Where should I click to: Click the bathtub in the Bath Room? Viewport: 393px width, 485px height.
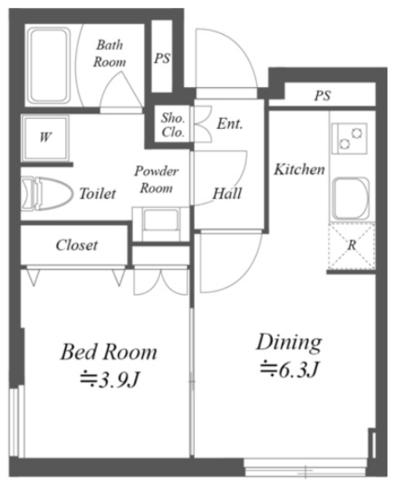[49, 66]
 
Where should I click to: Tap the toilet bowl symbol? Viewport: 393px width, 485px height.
[47, 194]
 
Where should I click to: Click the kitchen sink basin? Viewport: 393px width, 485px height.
[351, 199]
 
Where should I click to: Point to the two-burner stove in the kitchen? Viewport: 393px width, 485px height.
[350, 139]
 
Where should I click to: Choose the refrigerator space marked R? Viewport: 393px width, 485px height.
[352, 246]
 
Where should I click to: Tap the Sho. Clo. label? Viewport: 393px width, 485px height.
[173, 125]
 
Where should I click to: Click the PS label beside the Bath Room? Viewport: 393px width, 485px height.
[162, 58]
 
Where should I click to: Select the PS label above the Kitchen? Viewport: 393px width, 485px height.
[322, 95]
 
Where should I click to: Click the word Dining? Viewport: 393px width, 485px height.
[289, 343]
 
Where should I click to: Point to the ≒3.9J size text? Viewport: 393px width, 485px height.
[110, 380]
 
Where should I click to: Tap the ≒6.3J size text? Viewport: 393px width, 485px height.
[289, 369]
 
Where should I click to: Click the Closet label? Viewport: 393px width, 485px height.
[77, 246]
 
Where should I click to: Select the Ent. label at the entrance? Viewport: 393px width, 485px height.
[230, 124]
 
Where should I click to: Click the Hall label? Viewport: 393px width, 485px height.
[227, 194]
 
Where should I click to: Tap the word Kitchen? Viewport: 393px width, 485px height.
[300, 170]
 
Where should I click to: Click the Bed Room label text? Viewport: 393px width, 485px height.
[108, 352]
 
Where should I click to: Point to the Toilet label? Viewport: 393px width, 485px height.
[98, 194]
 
